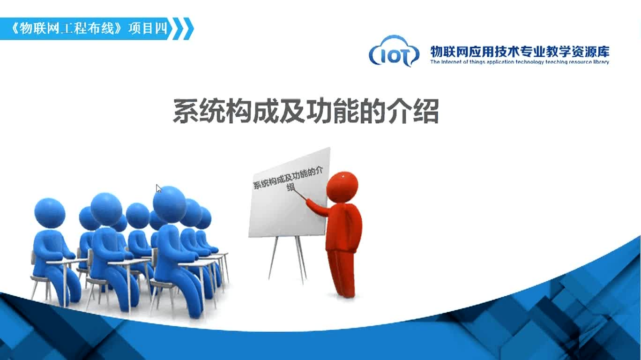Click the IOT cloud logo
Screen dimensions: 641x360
(394, 52)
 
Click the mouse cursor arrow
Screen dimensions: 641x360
(159, 188)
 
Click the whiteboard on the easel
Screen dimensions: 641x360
(290, 193)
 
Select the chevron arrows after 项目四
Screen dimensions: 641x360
(183, 29)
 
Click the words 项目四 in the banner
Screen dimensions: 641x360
(148, 29)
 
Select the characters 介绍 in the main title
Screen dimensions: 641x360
(413, 111)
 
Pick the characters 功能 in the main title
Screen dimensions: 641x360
(332, 111)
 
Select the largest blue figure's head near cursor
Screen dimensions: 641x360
(170, 203)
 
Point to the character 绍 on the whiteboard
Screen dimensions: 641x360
(291, 187)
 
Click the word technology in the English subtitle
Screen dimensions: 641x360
(529, 62)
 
